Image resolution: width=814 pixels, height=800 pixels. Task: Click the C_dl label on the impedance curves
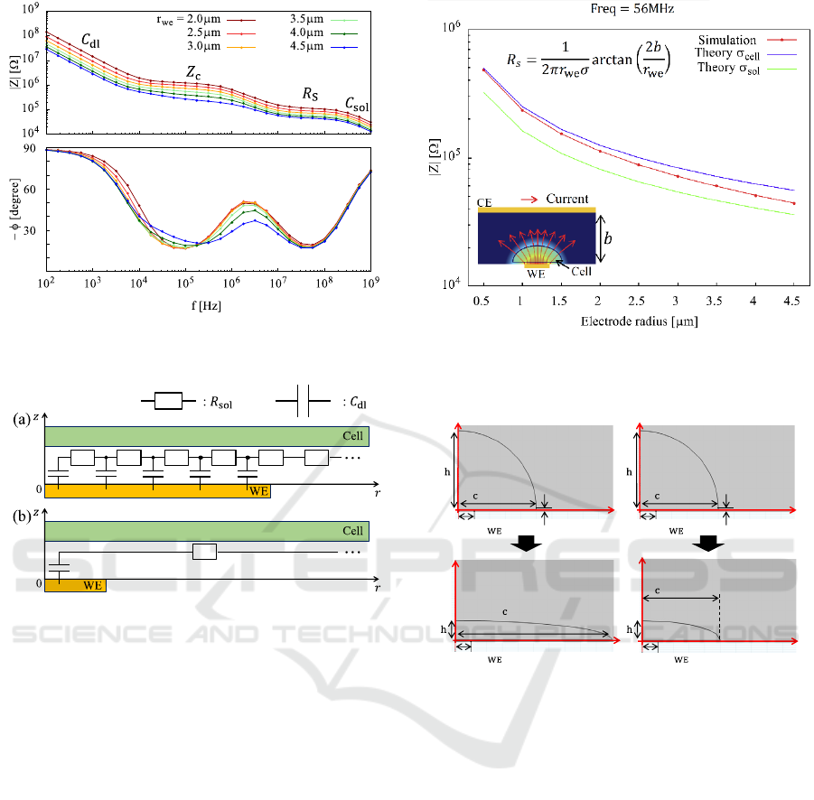90,41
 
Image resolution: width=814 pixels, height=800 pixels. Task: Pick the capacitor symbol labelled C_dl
300,401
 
